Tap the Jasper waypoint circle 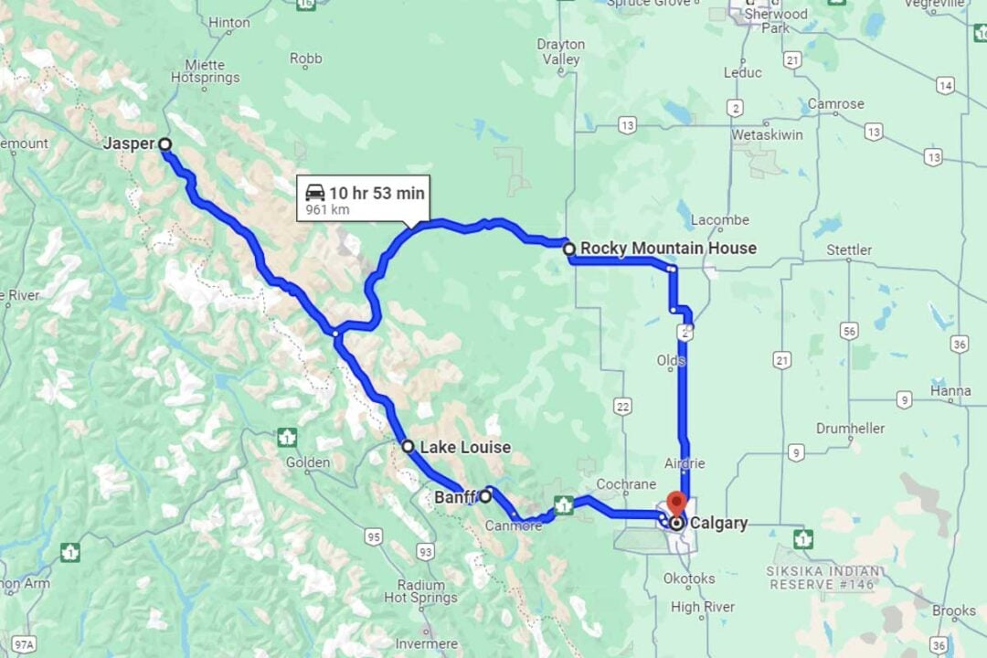(164, 143)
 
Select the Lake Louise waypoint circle (409, 446)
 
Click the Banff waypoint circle (486, 496)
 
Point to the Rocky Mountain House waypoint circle (569, 248)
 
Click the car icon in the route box (315, 192)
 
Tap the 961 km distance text (328, 210)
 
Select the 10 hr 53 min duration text (377, 193)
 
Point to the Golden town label (308, 462)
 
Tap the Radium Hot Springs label (420, 591)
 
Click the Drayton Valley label (561, 51)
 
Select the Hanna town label (950, 391)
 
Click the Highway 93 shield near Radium (425, 551)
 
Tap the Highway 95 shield (373, 536)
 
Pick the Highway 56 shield (850, 331)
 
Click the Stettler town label (849, 249)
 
